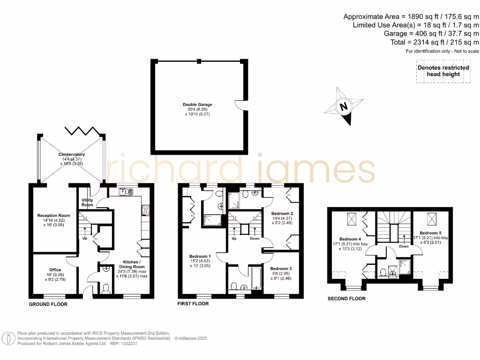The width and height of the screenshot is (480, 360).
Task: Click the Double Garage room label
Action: tap(197, 105)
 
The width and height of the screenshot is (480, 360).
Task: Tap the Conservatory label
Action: tap(71, 154)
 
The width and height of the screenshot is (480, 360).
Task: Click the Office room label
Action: tap(55, 270)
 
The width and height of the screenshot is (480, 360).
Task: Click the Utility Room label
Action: tap(87, 202)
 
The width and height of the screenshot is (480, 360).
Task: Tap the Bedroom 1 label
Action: tap(200, 256)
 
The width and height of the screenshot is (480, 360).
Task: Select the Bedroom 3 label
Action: tap(281, 269)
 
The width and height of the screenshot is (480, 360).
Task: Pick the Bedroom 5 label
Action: tap(430, 233)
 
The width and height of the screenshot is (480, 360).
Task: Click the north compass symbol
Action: tap(345, 106)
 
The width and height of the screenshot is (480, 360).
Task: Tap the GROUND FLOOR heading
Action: tap(48, 304)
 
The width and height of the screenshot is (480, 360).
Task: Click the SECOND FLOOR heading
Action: tap(346, 299)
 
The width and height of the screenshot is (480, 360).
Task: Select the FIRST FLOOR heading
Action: tap(193, 304)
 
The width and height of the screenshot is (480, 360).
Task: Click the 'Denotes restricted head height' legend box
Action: tap(443, 71)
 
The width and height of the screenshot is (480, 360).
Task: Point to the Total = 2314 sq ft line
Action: tap(435, 42)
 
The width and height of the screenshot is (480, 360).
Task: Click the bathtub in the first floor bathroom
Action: tap(255, 278)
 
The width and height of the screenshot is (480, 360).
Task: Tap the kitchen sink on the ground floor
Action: tap(126, 191)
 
